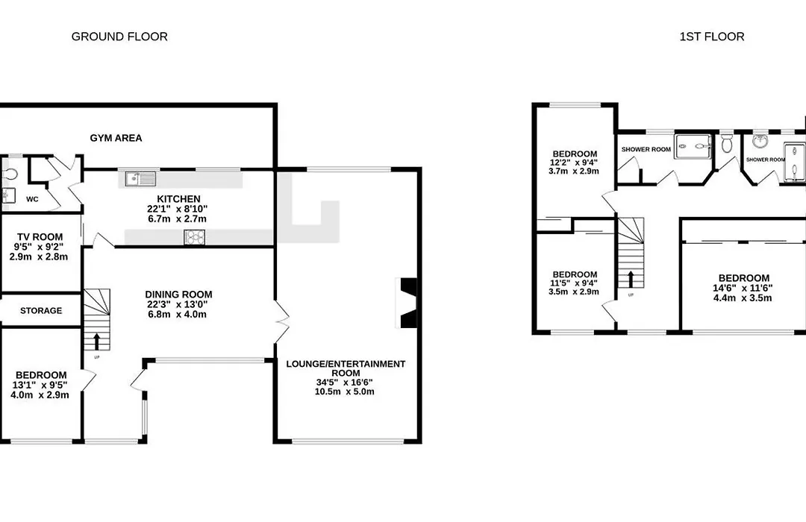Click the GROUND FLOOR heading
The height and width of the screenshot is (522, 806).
pyautogui.click(x=119, y=37)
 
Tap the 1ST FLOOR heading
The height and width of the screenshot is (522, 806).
pyautogui.click(x=712, y=37)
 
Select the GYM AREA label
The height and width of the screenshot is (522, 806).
pyautogui.click(x=116, y=138)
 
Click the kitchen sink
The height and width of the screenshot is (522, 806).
pyautogui.click(x=140, y=179)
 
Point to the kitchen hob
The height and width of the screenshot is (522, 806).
pyautogui.click(x=194, y=237)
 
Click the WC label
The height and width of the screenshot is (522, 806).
pyautogui.click(x=32, y=199)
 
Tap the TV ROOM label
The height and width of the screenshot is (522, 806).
pyautogui.click(x=40, y=237)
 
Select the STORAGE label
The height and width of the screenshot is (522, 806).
pyautogui.click(x=41, y=311)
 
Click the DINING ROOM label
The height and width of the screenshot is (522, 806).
pyautogui.click(x=178, y=295)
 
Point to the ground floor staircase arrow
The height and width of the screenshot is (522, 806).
pyautogui.click(x=96, y=342)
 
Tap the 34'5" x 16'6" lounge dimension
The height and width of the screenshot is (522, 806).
pyautogui.click(x=344, y=383)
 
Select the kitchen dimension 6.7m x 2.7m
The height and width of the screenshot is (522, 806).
pyautogui.click(x=178, y=219)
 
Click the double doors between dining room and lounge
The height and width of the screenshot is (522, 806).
pyautogui.click(x=281, y=321)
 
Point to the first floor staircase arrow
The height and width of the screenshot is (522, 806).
pyautogui.click(x=630, y=279)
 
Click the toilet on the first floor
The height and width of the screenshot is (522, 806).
pyautogui.click(x=726, y=143)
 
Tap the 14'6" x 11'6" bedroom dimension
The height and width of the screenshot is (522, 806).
pyautogui.click(x=743, y=289)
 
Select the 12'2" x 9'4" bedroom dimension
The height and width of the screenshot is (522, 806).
pyautogui.click(x=574, y=163)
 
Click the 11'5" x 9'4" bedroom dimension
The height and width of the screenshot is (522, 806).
pyautogui.click(x=574, y=283)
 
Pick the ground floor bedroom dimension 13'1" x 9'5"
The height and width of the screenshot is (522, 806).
pyautogui.click(x=40, y=385)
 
